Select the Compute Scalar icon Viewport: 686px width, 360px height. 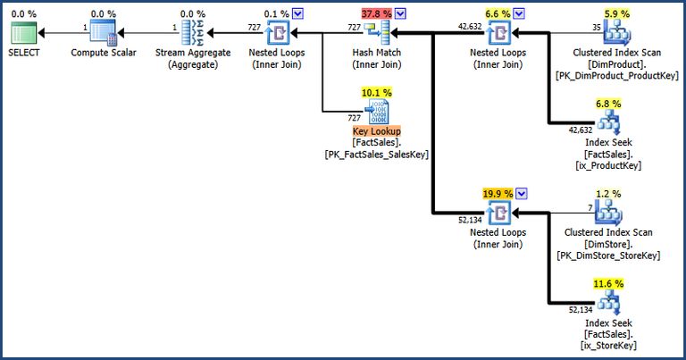[x=104, y=34]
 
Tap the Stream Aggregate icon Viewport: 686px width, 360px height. [x=194, y=34]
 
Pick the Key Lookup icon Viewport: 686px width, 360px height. [x=377, y=112]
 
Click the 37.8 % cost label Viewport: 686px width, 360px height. [x=376, y=13]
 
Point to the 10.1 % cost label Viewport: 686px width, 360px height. [x=376, y=92]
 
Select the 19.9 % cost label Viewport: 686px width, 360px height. [x=498, y=193]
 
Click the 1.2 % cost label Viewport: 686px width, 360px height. [x=608, y=193]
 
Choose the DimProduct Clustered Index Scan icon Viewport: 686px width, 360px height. [x=615, y=34]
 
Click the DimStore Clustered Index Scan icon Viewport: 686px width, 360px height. [x=608, y=213]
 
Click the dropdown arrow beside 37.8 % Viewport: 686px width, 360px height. [x=401, y=13]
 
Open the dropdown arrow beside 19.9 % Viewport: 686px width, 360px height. [x=523, y=193]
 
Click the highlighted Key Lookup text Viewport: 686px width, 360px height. [x=377, y=130]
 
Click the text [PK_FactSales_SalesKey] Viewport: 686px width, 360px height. [x=377, y=154]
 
